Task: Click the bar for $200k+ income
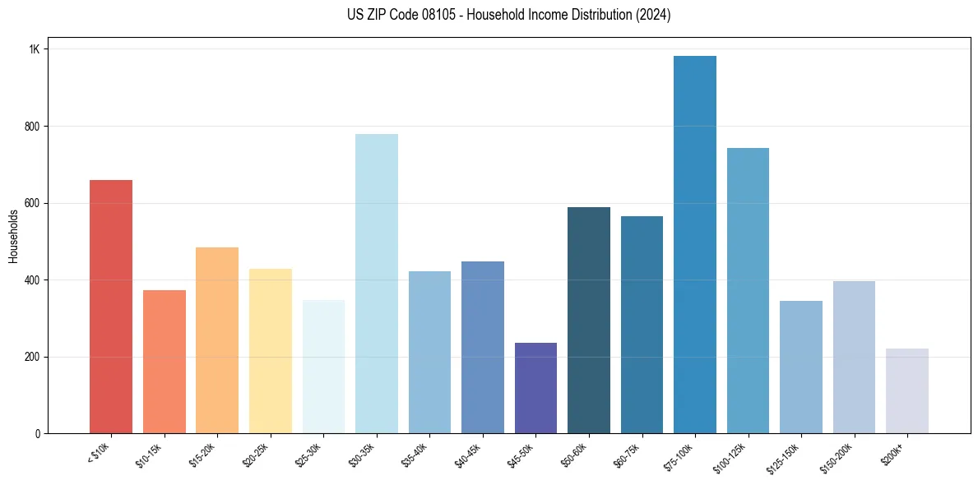pos(907,390)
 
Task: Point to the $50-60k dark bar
pos(589,320)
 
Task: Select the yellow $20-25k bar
pos(271,351)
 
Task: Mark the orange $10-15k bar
pos(165,362)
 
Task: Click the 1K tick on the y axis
pos(35,49)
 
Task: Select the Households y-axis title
pos(13,236)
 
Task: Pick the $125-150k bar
pos(801,367)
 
